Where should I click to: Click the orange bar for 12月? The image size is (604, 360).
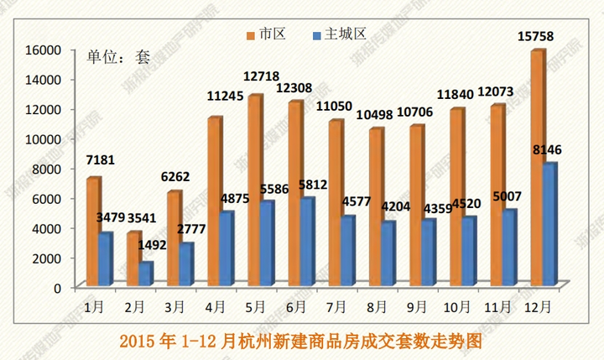pos(538,168)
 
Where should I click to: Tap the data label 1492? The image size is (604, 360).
pos(152,246)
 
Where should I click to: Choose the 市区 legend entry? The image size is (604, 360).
pos(267,34)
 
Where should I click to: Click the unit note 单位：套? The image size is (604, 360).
pos(118,56)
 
